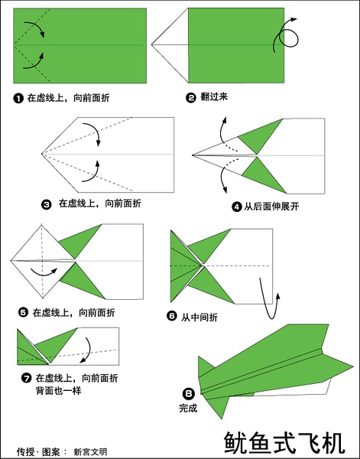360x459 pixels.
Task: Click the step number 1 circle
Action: pyautogui.click(x=18, y=99)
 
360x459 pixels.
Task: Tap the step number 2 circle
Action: pyautogui.click(x=191, y=97)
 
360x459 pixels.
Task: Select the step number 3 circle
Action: pyautogui.click(x=46, y=204)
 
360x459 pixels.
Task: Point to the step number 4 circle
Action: pyautogui.click(x=237, y=207)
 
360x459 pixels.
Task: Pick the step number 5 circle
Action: pyautogui.click(x=23, y=313)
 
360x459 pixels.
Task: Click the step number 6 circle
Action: pyautogui.click(x=172, y=316)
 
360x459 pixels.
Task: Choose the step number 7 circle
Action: pyautogui.click(x=26, y=378)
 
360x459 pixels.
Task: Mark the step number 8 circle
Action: pyautogui.click(x=188, y=394)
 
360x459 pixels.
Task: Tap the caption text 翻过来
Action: pyautogui.click(x=214, y=97)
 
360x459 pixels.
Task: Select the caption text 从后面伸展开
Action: pyautogui.click(x=271, y=207)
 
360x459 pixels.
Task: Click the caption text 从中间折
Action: pyautogui.click(x=199, y=317)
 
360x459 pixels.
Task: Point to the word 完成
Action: pyautogui.click(x=188, y=408)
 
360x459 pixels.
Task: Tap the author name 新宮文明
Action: pyautogui.click(x=90, y=451)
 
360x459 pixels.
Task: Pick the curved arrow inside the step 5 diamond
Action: pyautogui.click(x=44, y=275)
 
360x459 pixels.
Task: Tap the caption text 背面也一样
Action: pyautogui.click(x=59, y=391)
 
